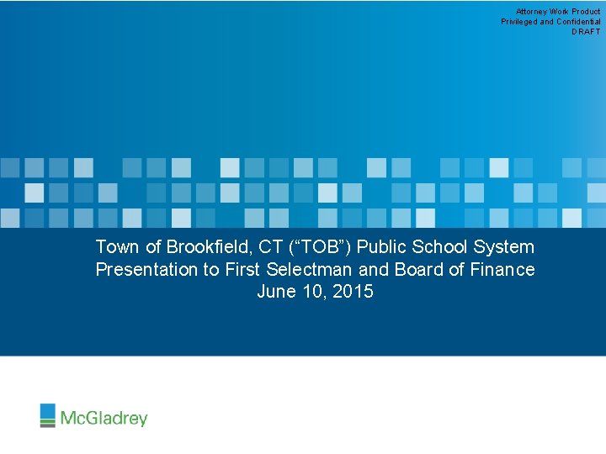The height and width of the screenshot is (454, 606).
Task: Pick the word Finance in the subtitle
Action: coord(502,270)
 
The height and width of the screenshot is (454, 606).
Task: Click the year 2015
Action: coord(353,293)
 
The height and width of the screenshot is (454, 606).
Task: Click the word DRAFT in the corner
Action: coord(586,31)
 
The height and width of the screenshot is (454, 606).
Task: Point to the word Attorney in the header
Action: coord(531,12)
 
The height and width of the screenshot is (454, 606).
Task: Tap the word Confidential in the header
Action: coord(578,22)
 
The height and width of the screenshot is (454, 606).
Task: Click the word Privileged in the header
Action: coord(519,22)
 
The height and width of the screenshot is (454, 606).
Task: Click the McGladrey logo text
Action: coord(104,418)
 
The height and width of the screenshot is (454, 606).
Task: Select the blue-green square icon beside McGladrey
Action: coord(48,415)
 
